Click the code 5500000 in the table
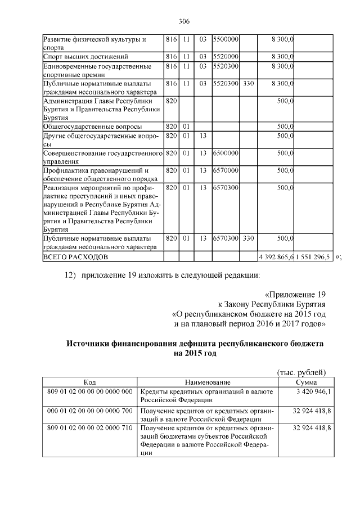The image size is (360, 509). tap(226, 40)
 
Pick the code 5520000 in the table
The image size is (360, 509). tap(226, 57)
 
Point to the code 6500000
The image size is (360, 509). tap(226, 152)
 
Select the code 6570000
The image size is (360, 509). tap(226, 170)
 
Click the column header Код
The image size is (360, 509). tap(89, 382)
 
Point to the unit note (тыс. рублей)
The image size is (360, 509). tap(302, 372)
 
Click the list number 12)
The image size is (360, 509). tap(69, 275)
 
